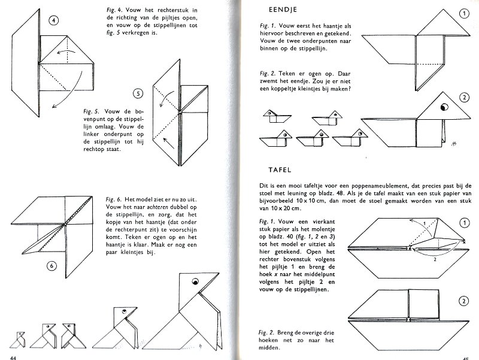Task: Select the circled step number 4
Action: click(x=54, y=22)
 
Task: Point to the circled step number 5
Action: click(x=138, y=93)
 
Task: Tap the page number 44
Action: click(x=8, y=357)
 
